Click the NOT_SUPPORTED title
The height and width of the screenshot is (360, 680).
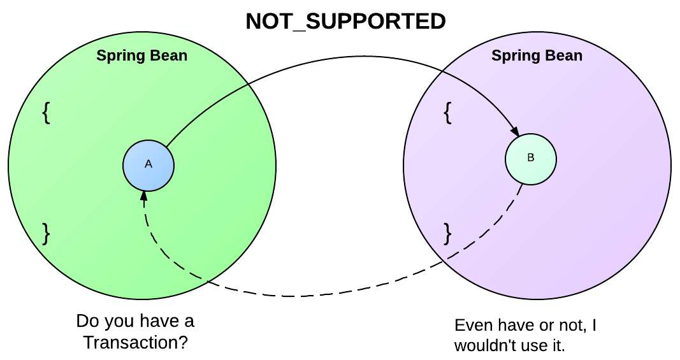(x=345, y=22)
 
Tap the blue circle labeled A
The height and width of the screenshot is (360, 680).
(x=148, y=165)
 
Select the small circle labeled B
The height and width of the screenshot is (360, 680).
(x=531, y=159)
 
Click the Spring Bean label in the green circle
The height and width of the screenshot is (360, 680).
(x=142, y=55)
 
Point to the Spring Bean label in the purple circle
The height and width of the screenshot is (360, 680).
(x=537, y=55)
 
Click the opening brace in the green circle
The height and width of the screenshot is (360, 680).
(x=46, y=112)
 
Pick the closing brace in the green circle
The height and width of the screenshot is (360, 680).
(x=46, y=234)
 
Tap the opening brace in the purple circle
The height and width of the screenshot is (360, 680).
(x=447, y=112)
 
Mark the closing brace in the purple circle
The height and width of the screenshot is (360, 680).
(x=447, y=233)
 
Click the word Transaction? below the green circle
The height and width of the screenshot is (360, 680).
(x=135, y=342)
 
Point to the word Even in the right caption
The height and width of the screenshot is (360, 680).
(x=471, y=326)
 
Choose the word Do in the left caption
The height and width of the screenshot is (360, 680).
(x=86, y=320)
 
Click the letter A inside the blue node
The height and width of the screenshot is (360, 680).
(x=148, y=164)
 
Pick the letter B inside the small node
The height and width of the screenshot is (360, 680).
(x=531, y=158)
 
